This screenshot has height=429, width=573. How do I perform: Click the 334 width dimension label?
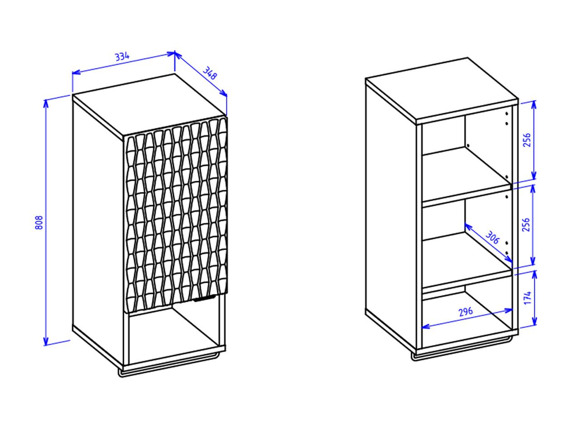pyautogui.click(x=122, y=57)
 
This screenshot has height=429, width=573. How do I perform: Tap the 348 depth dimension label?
pyautogui.click(x=210, y=73)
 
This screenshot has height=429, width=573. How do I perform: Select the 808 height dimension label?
pyautogui.click(x=39, y=222)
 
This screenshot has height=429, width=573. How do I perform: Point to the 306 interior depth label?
pyautogui.click(x=492, y=237)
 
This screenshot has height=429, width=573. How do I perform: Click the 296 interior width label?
pyautogui.click(x=466, y=312)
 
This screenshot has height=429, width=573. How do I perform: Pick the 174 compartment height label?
pyautogui.click(x=527, y=298)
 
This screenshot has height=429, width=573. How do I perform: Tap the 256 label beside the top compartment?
pyautogui.click(x=527, y=140)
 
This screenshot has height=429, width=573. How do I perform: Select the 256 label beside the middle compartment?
pyautogui.click(x=527, y=225)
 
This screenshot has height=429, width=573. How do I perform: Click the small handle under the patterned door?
pyautogui.click(x=205, y=299)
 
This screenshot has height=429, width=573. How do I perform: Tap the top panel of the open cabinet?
pyautogui.click(x=442, y=89)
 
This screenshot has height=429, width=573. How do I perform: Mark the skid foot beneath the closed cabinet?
pyautogui.click(x=170, y=370)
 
